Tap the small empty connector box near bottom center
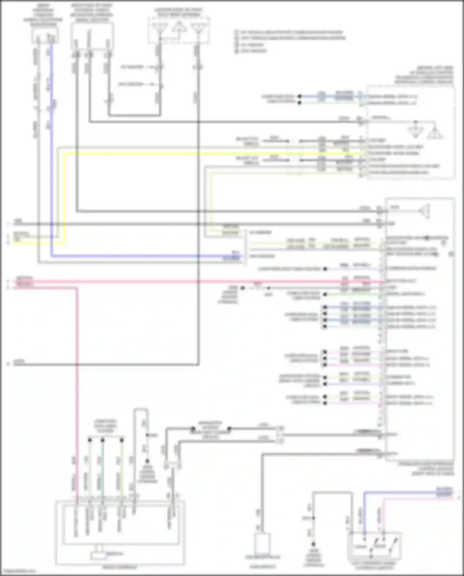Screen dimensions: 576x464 point(263,542)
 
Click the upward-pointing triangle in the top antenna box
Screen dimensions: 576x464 point(179,27)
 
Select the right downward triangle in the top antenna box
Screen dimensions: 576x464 point(199,28)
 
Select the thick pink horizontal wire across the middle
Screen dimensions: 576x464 point(198,282)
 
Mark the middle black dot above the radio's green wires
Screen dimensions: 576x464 point(103,440)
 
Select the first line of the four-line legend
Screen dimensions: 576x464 point(289,32)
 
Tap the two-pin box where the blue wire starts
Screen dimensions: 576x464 point(45,36)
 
